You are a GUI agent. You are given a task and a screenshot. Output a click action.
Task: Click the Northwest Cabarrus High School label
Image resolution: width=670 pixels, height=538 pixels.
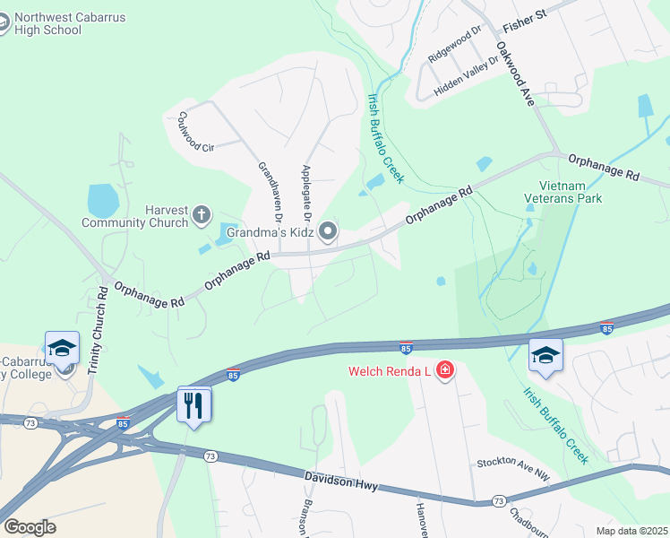(x=55, y=23)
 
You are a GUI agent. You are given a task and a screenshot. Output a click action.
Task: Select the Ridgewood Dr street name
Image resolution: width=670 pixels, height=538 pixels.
(x=454, y=43)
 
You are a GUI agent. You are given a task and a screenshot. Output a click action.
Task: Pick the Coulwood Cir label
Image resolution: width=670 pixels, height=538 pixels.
(x=195, y=132)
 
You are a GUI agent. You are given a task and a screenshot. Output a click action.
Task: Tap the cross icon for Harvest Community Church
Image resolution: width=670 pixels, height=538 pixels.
(x=202, y=215)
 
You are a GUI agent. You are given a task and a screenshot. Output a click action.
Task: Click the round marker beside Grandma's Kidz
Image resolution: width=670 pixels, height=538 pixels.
(x=329, y=232)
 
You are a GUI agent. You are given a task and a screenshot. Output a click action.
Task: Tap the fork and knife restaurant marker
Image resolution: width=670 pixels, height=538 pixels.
(x=193, y=404)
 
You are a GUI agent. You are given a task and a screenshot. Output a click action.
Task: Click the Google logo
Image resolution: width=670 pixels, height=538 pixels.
(x=30, y=527)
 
